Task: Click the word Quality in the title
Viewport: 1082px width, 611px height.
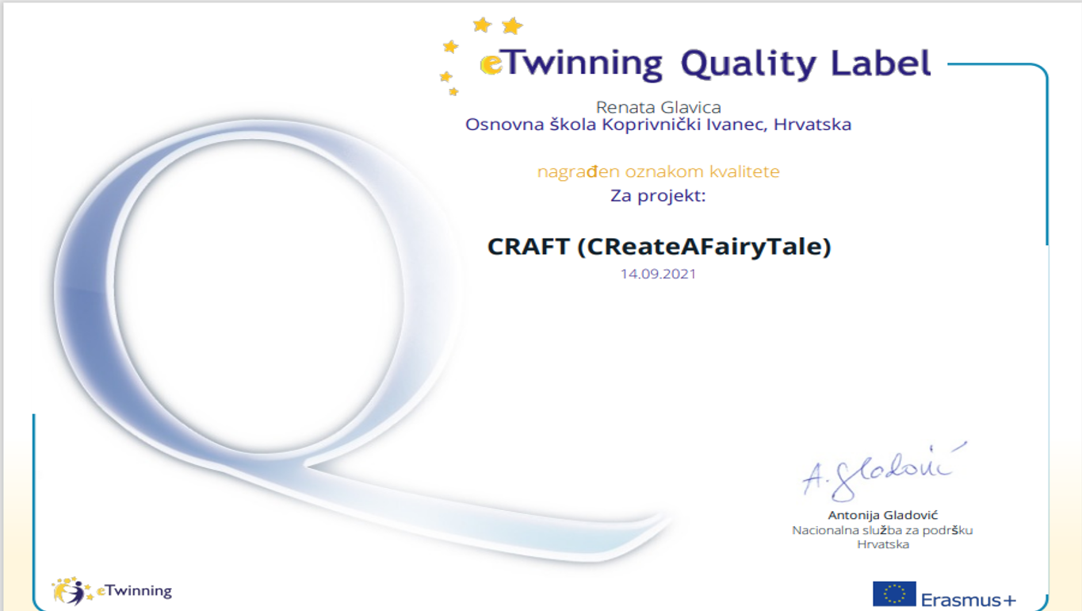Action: (x=748, y=64)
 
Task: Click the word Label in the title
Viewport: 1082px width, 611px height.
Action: (x=881, y=63)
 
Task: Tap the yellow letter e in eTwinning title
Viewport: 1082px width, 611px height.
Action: (x=491, y=65)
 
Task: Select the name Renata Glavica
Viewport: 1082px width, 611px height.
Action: (x=659, y=107)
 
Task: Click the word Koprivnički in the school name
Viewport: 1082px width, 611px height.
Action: (x=651, y=125)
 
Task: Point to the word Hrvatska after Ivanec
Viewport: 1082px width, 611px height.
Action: (x=812, y=125)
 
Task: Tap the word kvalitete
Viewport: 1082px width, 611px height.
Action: (x=744, y=171)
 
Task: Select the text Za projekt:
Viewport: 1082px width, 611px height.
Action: (x=658, y=196)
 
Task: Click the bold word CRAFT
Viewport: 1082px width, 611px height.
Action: (x=529, y=247)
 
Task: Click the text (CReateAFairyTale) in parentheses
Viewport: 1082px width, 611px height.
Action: (x=704, y=247)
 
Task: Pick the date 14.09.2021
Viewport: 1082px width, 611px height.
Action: (x=658, y=274)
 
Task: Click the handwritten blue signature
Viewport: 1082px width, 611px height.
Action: (x=884, y=472)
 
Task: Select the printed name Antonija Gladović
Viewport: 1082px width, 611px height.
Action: (x=883, y=515)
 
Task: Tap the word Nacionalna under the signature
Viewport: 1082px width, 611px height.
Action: (x=825, y=530)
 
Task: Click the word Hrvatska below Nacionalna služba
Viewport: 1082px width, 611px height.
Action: (x=883, y=544)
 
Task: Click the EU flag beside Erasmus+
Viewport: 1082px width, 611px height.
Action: (x=894, y=594)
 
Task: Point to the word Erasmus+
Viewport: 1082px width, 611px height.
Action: (x=969, y=600)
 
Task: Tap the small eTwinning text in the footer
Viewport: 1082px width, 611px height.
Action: (x=134, y=591)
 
